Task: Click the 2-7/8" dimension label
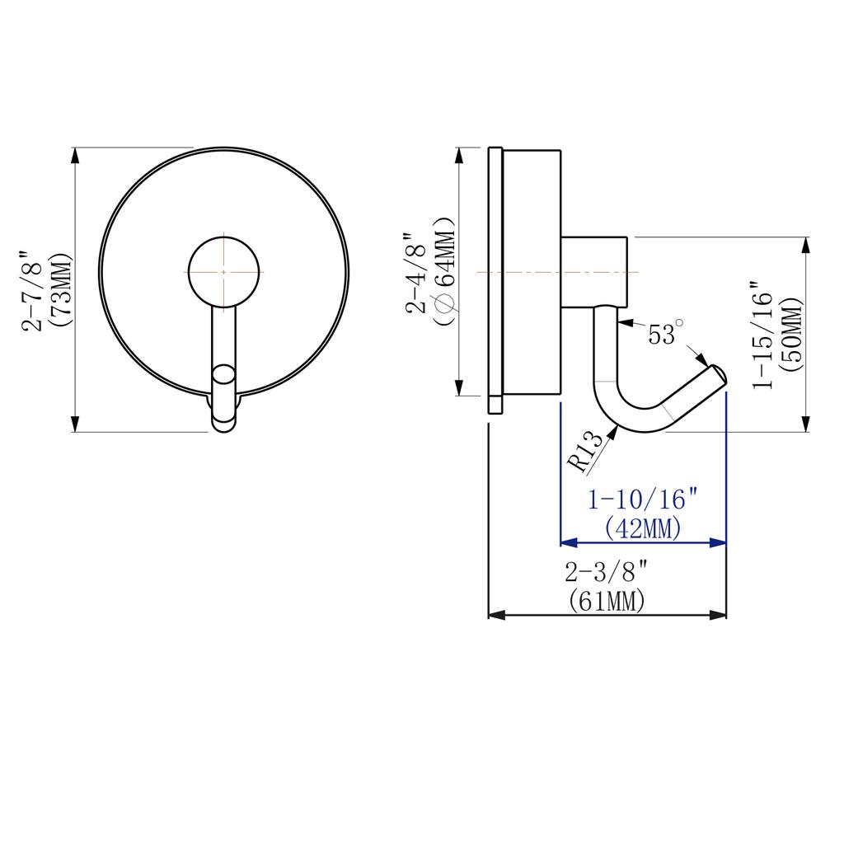32,291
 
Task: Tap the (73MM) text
59,291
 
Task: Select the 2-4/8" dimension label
416,273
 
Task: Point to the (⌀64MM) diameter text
444,272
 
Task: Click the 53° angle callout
666,333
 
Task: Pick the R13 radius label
587,452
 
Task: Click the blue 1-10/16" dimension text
644,500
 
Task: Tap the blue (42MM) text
643,528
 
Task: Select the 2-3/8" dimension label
607,572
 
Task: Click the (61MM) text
607,601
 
